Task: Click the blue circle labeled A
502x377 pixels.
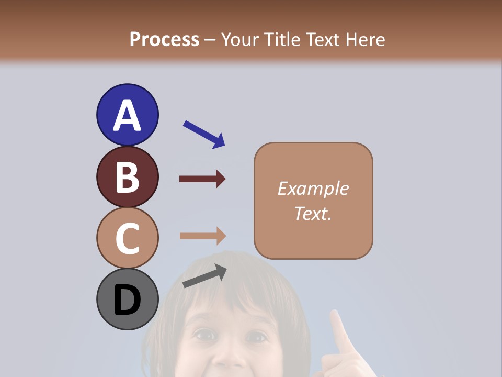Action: (127, 115)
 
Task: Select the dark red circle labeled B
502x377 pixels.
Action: (127, 176)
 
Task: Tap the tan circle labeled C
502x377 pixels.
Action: (127, 238)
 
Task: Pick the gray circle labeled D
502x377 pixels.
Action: (127, 300)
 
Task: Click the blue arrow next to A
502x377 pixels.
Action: (204, 134)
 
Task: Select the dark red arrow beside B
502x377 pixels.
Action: (202, 179)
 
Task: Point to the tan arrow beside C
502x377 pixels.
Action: (202, 236)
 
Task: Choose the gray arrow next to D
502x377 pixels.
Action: (204, 275)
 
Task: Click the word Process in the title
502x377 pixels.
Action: (164, 39)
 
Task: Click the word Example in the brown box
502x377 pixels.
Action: (313, 188)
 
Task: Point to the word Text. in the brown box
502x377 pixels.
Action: (313, 213)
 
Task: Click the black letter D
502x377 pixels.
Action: (127, 300)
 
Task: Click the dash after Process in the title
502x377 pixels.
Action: (210, 40)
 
